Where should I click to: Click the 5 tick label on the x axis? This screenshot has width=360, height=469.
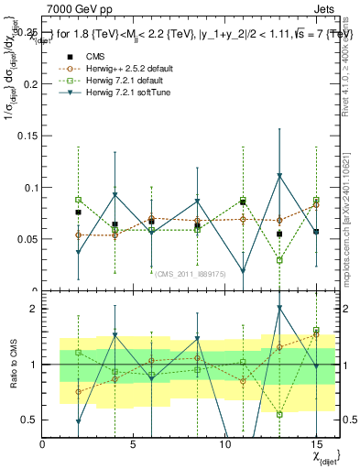134,444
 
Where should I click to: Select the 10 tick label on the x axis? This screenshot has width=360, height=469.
224,444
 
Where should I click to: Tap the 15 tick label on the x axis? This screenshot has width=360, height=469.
316,444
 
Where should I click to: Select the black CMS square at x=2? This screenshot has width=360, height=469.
78,213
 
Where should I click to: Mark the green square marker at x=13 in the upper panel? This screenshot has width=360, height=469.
279,260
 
